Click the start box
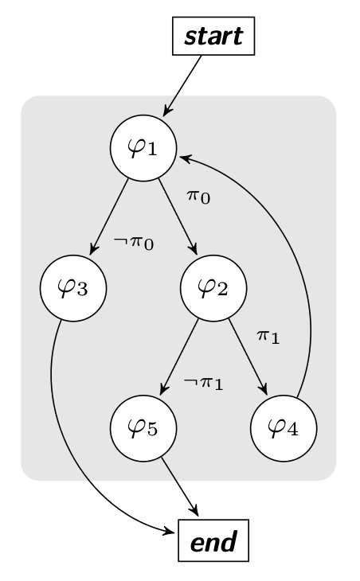[213, 36]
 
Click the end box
[213, 540]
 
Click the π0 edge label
[198, 197]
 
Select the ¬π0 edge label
[134, 243]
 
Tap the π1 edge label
[268, 337]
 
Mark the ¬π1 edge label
[203, 383]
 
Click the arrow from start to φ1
[182, 86]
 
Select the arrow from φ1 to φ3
[109, 216]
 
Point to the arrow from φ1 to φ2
[178, 216]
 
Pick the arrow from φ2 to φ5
[179, 357]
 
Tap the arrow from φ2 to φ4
[248, 357]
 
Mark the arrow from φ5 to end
[180, 486]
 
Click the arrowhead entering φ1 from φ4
[184, 158]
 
